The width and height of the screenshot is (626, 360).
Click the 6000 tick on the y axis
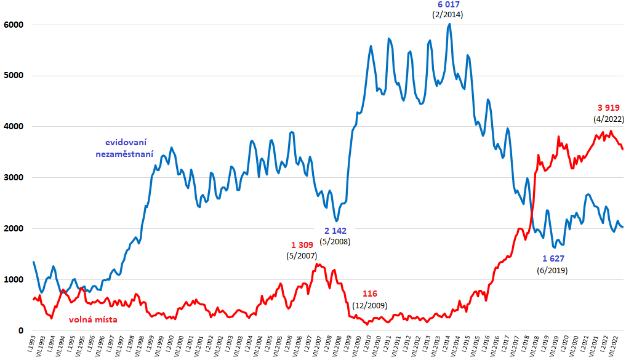[x=13, y=25]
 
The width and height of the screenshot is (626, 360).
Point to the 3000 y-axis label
[x=13, y=178]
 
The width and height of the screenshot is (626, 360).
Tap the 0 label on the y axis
[x=20, y=331]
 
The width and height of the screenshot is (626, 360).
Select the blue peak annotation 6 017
[x=447, y=4]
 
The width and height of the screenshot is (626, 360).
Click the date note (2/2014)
[x=447, y=14]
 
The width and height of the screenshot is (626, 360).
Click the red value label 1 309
[x=302, y=245]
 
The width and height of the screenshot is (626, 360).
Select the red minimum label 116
[x=369, y=293]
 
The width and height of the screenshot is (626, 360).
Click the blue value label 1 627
[x=553, y=258]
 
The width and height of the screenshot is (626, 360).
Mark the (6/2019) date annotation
[x=553, y=270]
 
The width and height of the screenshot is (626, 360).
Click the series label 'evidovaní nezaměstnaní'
[x=125, y=148]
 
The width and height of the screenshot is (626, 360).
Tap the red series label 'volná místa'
[x=93, y=319]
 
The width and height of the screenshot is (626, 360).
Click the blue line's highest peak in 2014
[x=450, y=24]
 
